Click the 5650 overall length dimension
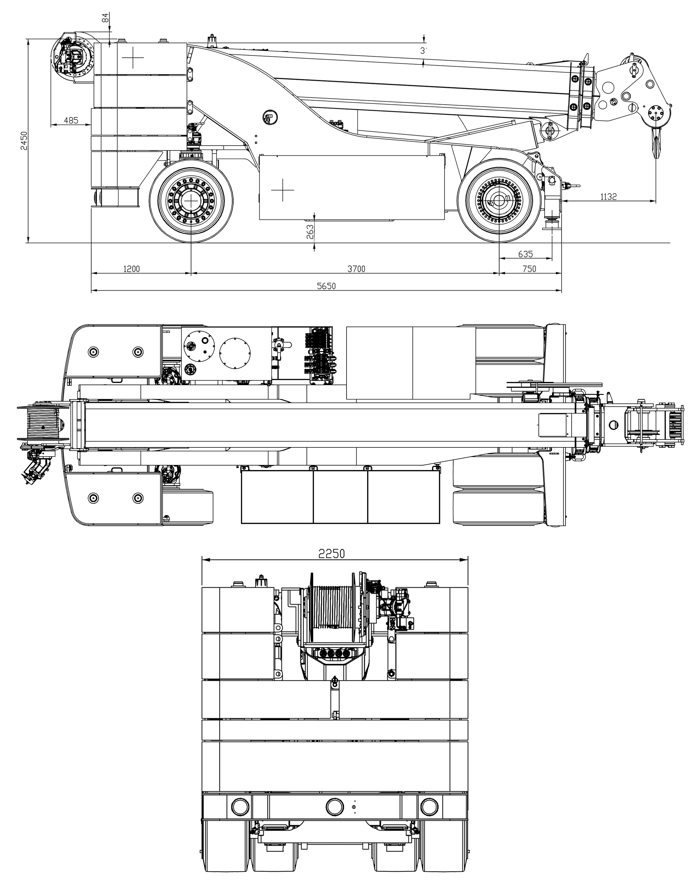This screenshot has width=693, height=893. tap(326, 286)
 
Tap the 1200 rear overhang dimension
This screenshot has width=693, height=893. tap(132, 269)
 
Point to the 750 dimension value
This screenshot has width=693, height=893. tap(529, 269)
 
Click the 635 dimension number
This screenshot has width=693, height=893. tap(525, 254)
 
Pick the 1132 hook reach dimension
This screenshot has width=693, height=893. tap(608, 197)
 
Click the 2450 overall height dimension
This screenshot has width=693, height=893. tap(24, 141)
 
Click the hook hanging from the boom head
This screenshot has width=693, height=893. tap(656, 141)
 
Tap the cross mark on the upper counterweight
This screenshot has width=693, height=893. tap(133, 58)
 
